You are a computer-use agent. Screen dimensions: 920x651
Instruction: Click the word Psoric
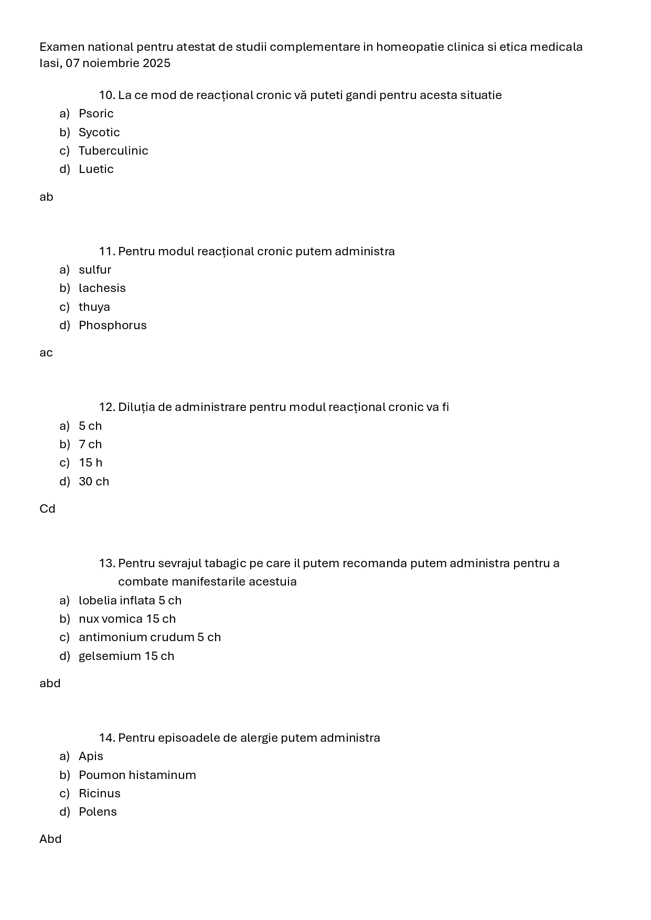(96, 114)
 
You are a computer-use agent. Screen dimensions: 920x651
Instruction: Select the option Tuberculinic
(113, 151)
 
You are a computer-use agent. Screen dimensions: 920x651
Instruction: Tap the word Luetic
(96, 169)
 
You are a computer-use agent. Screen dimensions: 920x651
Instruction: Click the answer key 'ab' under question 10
(46, 197)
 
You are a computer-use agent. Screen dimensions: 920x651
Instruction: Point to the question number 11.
(107, 252)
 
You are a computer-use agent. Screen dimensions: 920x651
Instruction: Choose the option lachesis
(102, 288)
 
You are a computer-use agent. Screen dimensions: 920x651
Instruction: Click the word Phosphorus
(113, 326)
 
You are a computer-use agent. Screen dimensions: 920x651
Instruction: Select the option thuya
(94, 307)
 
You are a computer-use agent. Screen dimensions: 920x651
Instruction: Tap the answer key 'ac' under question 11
(46, 353)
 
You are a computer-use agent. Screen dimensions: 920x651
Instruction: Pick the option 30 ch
(94, 482)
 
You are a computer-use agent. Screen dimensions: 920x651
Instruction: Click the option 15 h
(91, 463)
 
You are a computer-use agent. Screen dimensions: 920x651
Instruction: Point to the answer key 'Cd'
(47, 509)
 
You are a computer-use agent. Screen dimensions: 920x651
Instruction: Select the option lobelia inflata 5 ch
(130, 601)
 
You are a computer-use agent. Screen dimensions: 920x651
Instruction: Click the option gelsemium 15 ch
(126, 656)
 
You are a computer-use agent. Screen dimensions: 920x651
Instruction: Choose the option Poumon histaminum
(137, 775)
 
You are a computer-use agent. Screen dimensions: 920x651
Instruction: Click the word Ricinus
(100, 794)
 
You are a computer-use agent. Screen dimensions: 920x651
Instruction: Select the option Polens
(98, 812)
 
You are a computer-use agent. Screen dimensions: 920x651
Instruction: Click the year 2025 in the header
(156, 63)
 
